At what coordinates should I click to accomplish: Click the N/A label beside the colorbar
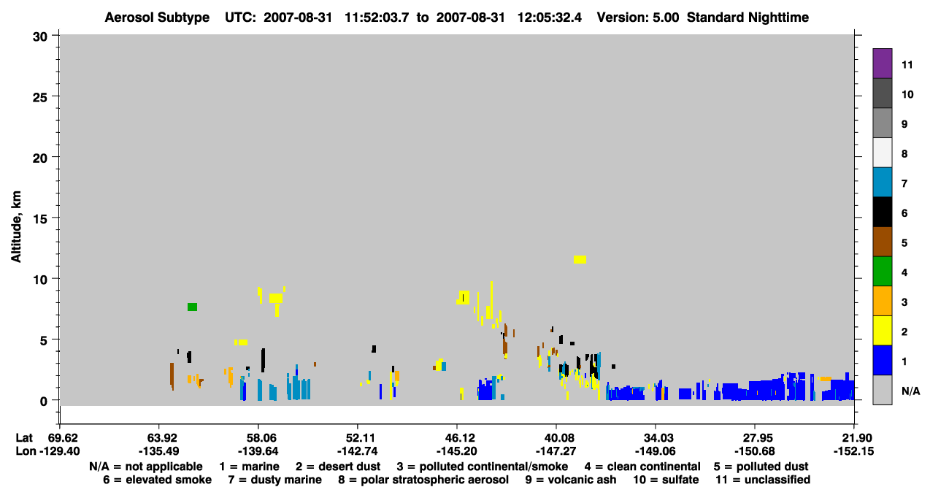(x=910, y=391)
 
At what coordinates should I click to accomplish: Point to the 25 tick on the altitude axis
(x=40, y=97)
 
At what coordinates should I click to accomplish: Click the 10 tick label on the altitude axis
(x=40, y=280)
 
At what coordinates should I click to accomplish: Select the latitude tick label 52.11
(x=357, y=438)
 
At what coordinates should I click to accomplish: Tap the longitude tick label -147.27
(x=556, y=451)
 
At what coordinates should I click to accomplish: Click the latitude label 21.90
(x=854, y=438)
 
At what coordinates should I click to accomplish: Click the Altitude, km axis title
(x=16, y=227)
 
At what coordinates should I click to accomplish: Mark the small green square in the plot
(x=192, y=307)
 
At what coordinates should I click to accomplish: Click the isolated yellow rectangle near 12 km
(x=580, y=259)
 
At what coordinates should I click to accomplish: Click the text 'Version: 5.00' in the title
(x=637, y=18)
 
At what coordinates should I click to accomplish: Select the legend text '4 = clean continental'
(x=642, y=467)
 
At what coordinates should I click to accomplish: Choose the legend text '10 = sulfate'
(x=666, y=480)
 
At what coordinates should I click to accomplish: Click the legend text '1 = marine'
(x=249, y=467)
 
